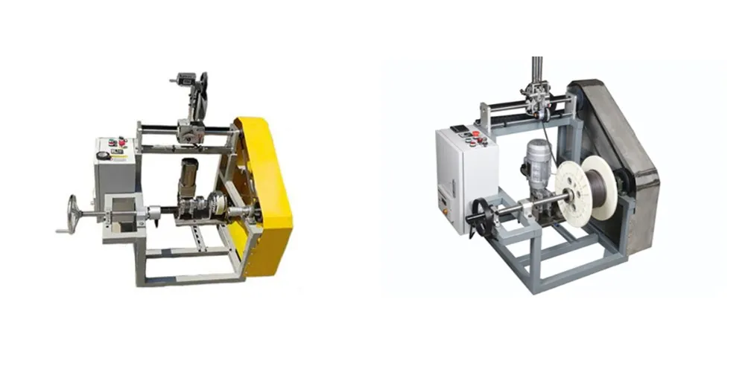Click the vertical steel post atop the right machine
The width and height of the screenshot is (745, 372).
tap(536, 74)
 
